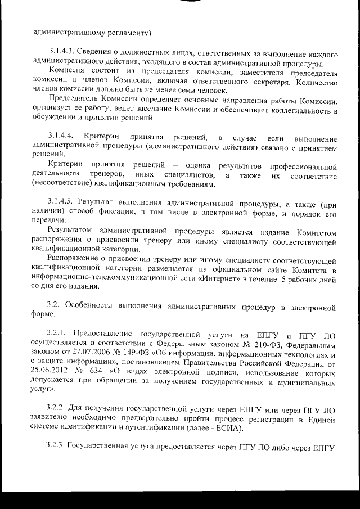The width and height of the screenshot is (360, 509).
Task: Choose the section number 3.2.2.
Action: tap(57, 407)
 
